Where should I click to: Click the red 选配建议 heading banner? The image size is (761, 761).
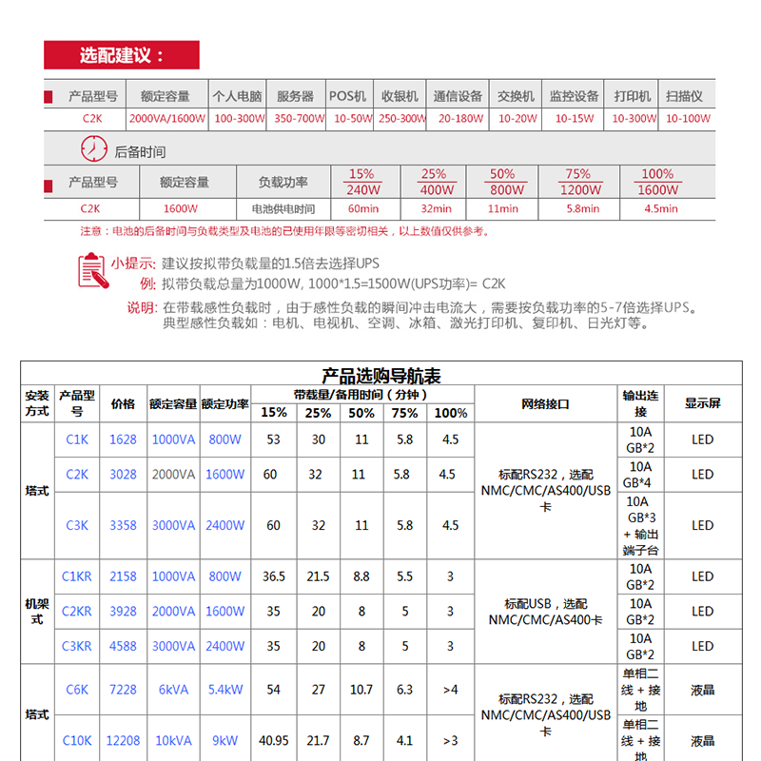tap(122, 55)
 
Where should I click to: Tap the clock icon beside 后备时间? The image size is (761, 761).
tap(93, 150)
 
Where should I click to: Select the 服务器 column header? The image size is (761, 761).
tap(295, 96)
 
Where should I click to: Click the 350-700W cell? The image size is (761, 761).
tap(299, 119)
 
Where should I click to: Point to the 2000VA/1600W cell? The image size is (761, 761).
tap(166, 119)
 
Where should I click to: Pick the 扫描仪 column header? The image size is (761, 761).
tap(684, 96)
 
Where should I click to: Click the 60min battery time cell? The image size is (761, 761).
tap(362, 208)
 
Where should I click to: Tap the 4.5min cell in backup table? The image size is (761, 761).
tap(661, 208)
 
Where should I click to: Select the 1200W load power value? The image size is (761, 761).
tap(578, 189)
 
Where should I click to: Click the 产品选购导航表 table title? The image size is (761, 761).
tap(381, 376)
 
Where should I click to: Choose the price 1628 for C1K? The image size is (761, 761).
tap(123, 439)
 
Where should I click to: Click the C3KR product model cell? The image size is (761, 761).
tap(77, 646)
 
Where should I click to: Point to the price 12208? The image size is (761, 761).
tap(123, 740)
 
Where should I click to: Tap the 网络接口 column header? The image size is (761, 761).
tap(545, 403)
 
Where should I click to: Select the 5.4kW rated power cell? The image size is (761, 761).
tap(224, 690)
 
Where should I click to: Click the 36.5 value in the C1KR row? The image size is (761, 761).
tap(274, 576)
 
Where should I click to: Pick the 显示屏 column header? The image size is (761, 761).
tap(702, 403)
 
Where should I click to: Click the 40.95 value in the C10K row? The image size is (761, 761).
tap(274, 740)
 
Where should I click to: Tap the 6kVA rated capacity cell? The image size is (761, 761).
tap(173, 690)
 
